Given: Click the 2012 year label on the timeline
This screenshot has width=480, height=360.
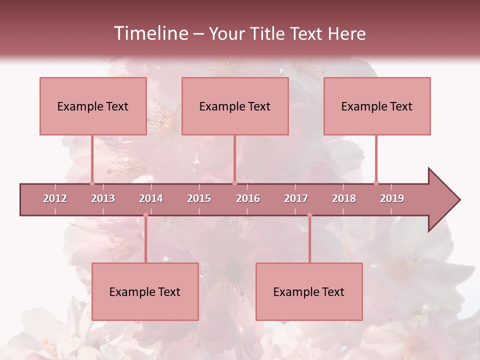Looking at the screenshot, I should (x=55, y=198).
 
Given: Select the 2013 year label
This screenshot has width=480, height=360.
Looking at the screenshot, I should (x=103, y=198).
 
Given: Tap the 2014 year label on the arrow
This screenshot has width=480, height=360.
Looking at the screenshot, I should (x=151, y=198).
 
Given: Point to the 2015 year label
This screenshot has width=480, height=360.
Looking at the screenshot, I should (x=199, y=198).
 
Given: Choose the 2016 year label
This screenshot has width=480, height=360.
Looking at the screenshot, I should (x=248, y=198).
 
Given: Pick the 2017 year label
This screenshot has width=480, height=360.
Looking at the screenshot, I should (x=296, y=198).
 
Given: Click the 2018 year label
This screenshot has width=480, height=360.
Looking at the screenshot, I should (x=344, y=198).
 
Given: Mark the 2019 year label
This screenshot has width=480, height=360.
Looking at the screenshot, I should (x=392, y=198).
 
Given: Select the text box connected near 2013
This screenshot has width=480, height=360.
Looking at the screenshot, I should (x=93, y=106).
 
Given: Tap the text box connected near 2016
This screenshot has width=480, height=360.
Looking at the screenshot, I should (x=235, y=106).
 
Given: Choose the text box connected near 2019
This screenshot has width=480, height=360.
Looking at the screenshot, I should (x=377, y=106).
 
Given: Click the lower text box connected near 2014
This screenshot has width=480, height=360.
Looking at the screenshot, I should (x=145, y=291).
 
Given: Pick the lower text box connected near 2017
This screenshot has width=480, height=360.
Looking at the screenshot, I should (x=309, y=291).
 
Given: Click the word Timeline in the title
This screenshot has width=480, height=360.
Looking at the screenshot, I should (x=150, y=33).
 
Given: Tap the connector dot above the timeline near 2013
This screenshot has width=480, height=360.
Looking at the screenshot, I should (x=92, y=183).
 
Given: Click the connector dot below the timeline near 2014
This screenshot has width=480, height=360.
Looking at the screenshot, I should (x=145, y=215).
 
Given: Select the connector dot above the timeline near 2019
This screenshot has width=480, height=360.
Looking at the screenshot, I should (x=376, y=183).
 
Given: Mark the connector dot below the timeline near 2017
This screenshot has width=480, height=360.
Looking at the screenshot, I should (x=309, y=215).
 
